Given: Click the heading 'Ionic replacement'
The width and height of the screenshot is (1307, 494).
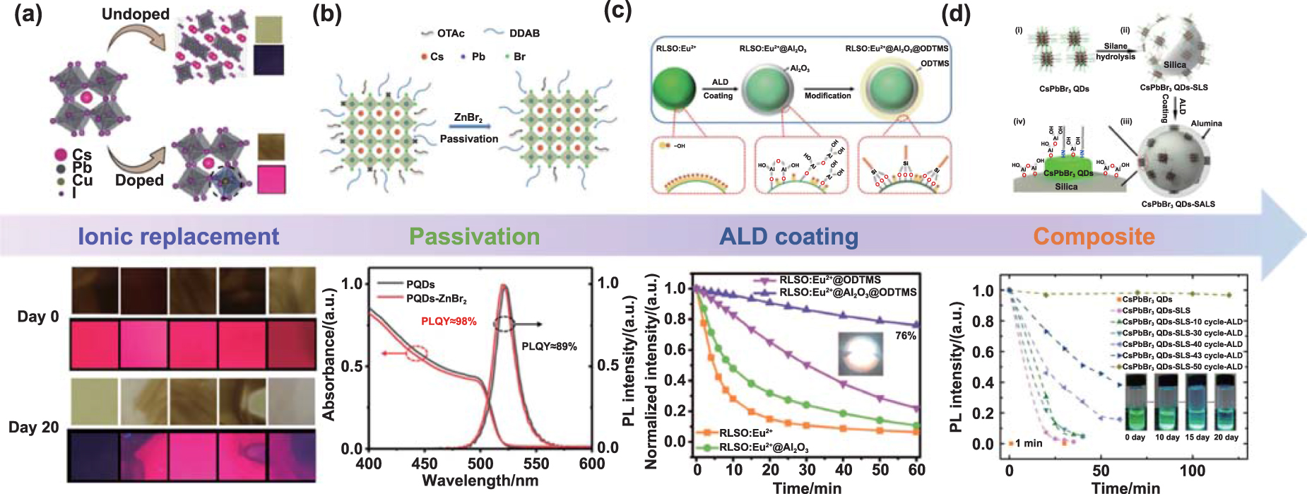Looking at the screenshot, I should (178, 237).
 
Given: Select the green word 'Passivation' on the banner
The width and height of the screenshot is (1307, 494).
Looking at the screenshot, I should (474, 237).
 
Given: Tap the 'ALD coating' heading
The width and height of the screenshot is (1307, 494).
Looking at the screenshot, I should (788, 237).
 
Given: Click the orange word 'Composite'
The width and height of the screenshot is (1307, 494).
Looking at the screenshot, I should (1094, 237).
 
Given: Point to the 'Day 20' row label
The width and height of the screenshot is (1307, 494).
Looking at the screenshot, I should (33, 428).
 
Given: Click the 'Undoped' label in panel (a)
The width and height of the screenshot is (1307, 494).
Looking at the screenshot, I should (136, 14).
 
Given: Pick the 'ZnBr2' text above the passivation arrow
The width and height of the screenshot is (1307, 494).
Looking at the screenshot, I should (468, 118).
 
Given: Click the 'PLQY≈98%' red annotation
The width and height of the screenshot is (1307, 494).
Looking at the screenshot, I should (449, 322).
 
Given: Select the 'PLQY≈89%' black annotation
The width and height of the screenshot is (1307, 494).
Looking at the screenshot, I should (549, 346).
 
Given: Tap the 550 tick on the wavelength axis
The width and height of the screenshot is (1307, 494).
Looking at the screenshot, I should (536, 464).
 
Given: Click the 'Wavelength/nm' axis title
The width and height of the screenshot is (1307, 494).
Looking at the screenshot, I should (480, 481).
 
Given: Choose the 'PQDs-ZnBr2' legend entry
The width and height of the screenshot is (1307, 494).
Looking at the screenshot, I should (436, 299).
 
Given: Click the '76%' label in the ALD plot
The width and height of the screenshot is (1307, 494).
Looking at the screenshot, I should (905, 336).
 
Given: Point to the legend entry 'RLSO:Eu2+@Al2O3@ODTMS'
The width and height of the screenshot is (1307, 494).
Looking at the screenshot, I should (847, 293).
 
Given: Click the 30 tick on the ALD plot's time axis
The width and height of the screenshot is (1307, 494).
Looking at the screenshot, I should (807, 470).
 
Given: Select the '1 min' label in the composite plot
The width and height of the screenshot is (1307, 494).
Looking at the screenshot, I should (1028, 443).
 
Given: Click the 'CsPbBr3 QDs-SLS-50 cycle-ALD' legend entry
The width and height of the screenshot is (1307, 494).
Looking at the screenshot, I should (1182, 367).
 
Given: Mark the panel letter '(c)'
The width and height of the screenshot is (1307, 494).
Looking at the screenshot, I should (617, 12).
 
